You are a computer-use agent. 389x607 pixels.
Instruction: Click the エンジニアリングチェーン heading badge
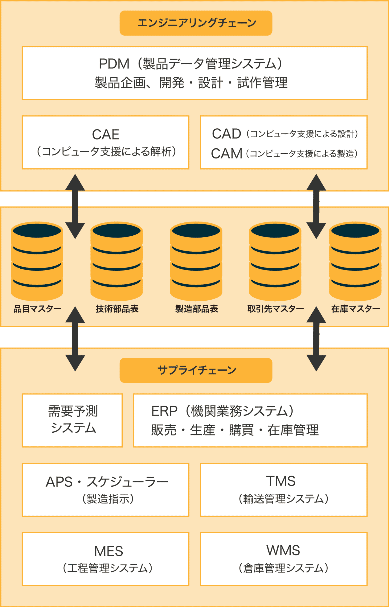pos(196,23)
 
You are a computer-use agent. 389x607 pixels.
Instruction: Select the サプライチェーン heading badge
pos(196,370)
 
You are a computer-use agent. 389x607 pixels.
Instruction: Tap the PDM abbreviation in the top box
pos(114,64)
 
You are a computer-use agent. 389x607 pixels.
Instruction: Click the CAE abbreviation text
pos(106,134)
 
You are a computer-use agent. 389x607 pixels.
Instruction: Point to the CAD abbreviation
pos(226,134)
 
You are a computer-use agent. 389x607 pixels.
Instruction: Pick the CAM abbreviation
pos(226,154)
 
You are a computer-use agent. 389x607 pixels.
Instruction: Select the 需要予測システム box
pos(72,420)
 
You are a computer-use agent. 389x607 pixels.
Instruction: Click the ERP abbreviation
pos(164,411)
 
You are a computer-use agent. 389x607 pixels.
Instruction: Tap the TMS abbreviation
pos(281,481)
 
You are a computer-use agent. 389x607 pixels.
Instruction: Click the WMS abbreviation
pos(283,550)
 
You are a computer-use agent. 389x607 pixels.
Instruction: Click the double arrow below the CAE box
pos(75,206)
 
